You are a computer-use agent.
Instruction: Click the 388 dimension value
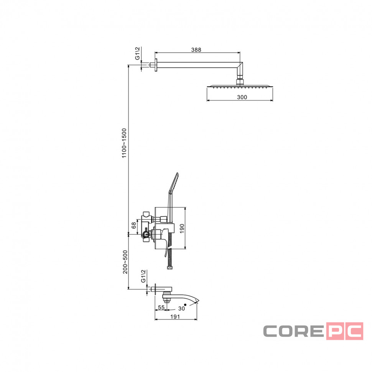196,49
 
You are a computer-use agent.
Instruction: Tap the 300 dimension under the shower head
242,97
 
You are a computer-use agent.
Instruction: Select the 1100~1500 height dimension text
124,143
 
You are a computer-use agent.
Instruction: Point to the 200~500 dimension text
125,262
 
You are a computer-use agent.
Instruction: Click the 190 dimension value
182,228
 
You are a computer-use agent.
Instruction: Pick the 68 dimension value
134,225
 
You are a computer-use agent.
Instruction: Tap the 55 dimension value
161,307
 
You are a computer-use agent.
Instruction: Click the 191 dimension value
175,317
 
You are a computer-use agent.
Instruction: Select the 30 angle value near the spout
181,308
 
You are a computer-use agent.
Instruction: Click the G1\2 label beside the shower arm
137,53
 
